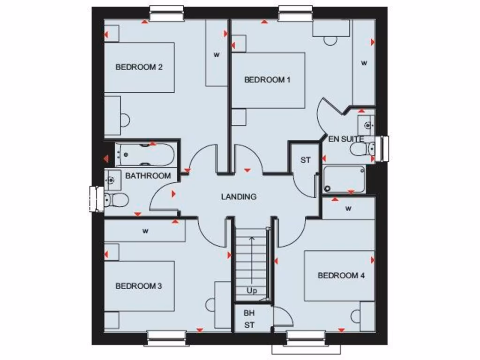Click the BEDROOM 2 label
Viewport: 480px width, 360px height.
pos(139,67)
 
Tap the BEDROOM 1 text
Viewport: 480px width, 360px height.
pos(267,80)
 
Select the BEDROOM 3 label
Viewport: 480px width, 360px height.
pos(139,285)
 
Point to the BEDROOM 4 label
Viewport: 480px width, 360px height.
pos(341,275)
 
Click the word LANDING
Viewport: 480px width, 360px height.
pos(239,197)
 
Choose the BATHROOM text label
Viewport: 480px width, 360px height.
pos(148,176)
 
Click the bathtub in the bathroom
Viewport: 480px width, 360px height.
pos(145,155)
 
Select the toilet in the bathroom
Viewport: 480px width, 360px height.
pos(116,200)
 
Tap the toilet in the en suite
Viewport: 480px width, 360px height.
pos(362,149)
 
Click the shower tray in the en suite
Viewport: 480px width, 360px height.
pos(344,179)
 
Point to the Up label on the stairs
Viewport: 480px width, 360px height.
pos(252,291)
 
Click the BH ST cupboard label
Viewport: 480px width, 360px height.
pos(249,318)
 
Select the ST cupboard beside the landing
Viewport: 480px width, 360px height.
pos(306,160)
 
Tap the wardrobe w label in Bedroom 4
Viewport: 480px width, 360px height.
pos(348,209)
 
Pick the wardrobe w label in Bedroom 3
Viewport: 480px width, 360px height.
pos(145,231)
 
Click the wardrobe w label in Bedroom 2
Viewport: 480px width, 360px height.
pos(217,55)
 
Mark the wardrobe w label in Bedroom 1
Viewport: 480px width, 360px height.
pos(364,63)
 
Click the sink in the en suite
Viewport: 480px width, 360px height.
pos(367,125)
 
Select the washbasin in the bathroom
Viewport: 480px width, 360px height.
pos(112,180)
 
